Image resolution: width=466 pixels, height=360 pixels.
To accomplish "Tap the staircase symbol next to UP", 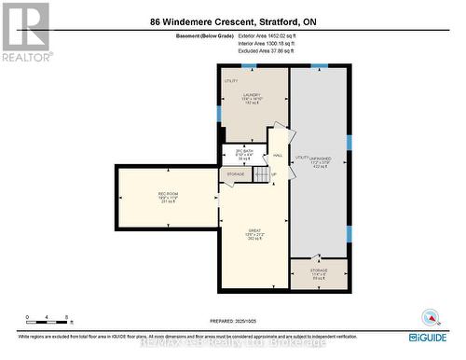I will pyautogui.click(x=262, y=174).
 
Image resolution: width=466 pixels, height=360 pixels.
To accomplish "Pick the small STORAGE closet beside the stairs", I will pyautogui.click(x=234, y=173).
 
